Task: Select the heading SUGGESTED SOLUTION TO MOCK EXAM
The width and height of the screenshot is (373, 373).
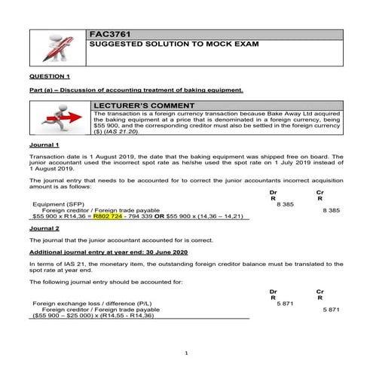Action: [173, 44]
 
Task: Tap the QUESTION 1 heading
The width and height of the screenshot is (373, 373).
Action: [49, 77]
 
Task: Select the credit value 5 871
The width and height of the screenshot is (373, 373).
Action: [331, 309]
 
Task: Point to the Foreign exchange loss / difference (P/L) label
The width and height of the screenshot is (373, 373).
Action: [84, 303]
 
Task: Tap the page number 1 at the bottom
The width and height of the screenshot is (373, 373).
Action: [186, 353]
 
